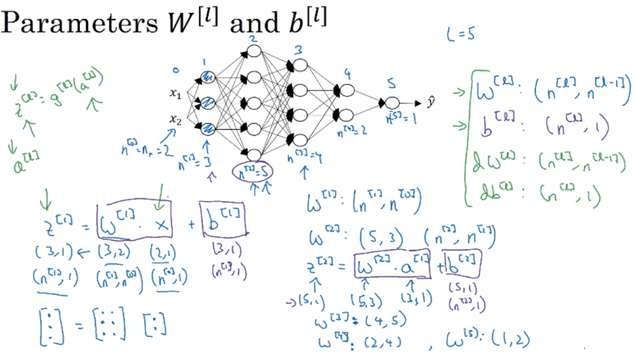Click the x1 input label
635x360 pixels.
pyautogui.click(x=175, y=96)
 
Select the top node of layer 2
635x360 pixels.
pyautogui.click(x=253, y=51)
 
